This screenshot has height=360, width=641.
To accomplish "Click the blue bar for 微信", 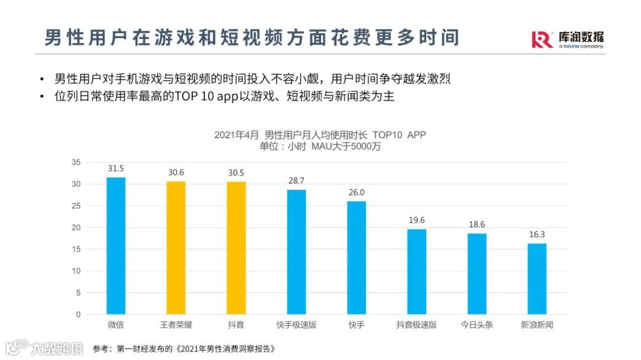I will click(x=116, y=246).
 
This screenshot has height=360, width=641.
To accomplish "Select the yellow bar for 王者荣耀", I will click(x=176, y=247).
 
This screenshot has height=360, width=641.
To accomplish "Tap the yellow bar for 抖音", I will click(x=236, y=247).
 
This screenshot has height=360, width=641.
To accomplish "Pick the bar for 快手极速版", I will click(x=296, y=251).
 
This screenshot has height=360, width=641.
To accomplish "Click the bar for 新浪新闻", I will click(x=537, y=278).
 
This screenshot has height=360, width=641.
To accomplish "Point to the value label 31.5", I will click(x=116, y=168).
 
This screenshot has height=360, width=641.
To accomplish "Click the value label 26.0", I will click(x=356, y=192).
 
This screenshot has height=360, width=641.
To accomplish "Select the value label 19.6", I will click(x=417, y=220).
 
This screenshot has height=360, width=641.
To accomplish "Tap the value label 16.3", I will click(x=537, y=234).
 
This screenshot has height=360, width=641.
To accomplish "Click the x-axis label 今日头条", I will click(x=477, y=325).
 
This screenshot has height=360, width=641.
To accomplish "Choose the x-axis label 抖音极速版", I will click(x=417, y=325).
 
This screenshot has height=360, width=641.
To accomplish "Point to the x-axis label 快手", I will click(x=356, y=325).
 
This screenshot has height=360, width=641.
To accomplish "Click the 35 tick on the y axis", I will click(x=75, y=162).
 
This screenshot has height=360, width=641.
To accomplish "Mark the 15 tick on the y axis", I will click(x=75, y=249).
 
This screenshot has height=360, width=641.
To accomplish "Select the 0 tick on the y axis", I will click(x=78, y=314).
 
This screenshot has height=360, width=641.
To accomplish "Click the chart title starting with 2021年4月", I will click(x=320, y=135).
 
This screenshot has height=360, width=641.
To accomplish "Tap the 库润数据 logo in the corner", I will click(x=567, y=40).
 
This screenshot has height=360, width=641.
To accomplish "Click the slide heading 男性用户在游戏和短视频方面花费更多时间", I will click(x=252, y=37).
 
